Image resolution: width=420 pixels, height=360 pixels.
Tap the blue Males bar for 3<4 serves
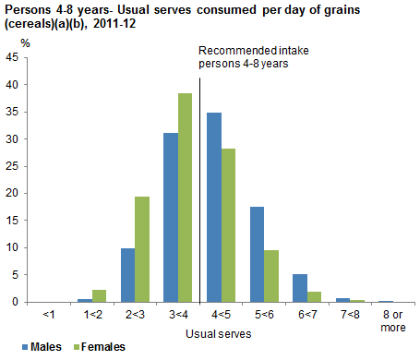[x=170, y=218]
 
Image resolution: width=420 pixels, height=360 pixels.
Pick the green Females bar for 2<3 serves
[x=141, y=249]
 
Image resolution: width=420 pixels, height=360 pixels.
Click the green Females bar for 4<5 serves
[x=228, y=225]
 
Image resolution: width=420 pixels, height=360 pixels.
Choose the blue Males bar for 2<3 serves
[x=127, y=275]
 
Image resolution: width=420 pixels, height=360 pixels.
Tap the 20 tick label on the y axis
[x=12, y=193]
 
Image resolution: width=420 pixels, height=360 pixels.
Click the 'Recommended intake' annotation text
[x=250, y=52]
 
